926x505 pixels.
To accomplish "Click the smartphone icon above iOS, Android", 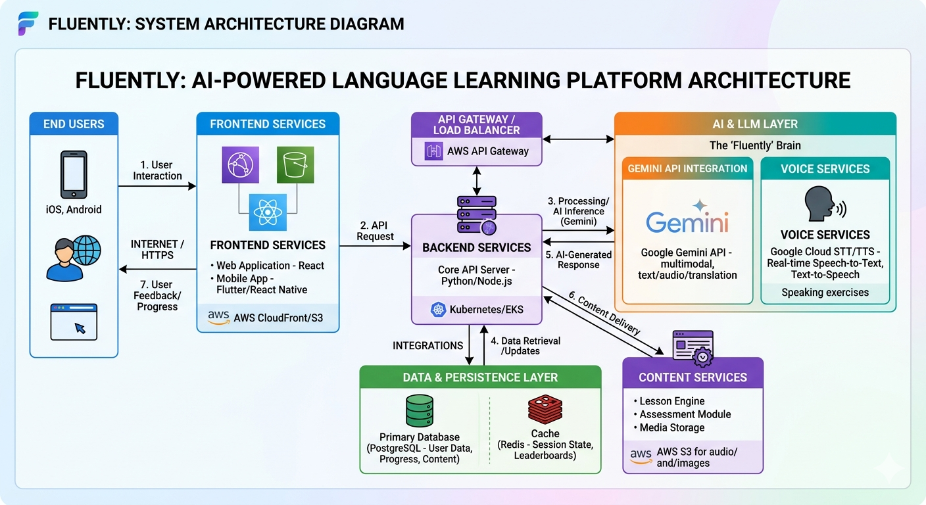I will point(74,174).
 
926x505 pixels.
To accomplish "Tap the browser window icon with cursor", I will point(74,322).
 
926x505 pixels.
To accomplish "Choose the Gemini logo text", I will point(687,222).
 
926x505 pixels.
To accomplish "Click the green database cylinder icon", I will point(419,411).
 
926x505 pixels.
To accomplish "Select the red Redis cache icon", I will point(545,409).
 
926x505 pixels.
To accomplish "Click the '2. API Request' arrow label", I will point(375,231).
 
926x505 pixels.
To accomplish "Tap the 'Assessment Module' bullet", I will point(685,414).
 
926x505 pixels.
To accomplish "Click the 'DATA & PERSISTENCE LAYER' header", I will point(480,377).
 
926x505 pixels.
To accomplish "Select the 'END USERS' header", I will point(74,124).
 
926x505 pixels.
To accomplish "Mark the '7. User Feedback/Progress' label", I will point(157,295).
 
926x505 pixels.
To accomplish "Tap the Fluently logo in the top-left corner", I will point(28,24).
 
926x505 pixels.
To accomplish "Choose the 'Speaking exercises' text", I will point(825,293).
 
